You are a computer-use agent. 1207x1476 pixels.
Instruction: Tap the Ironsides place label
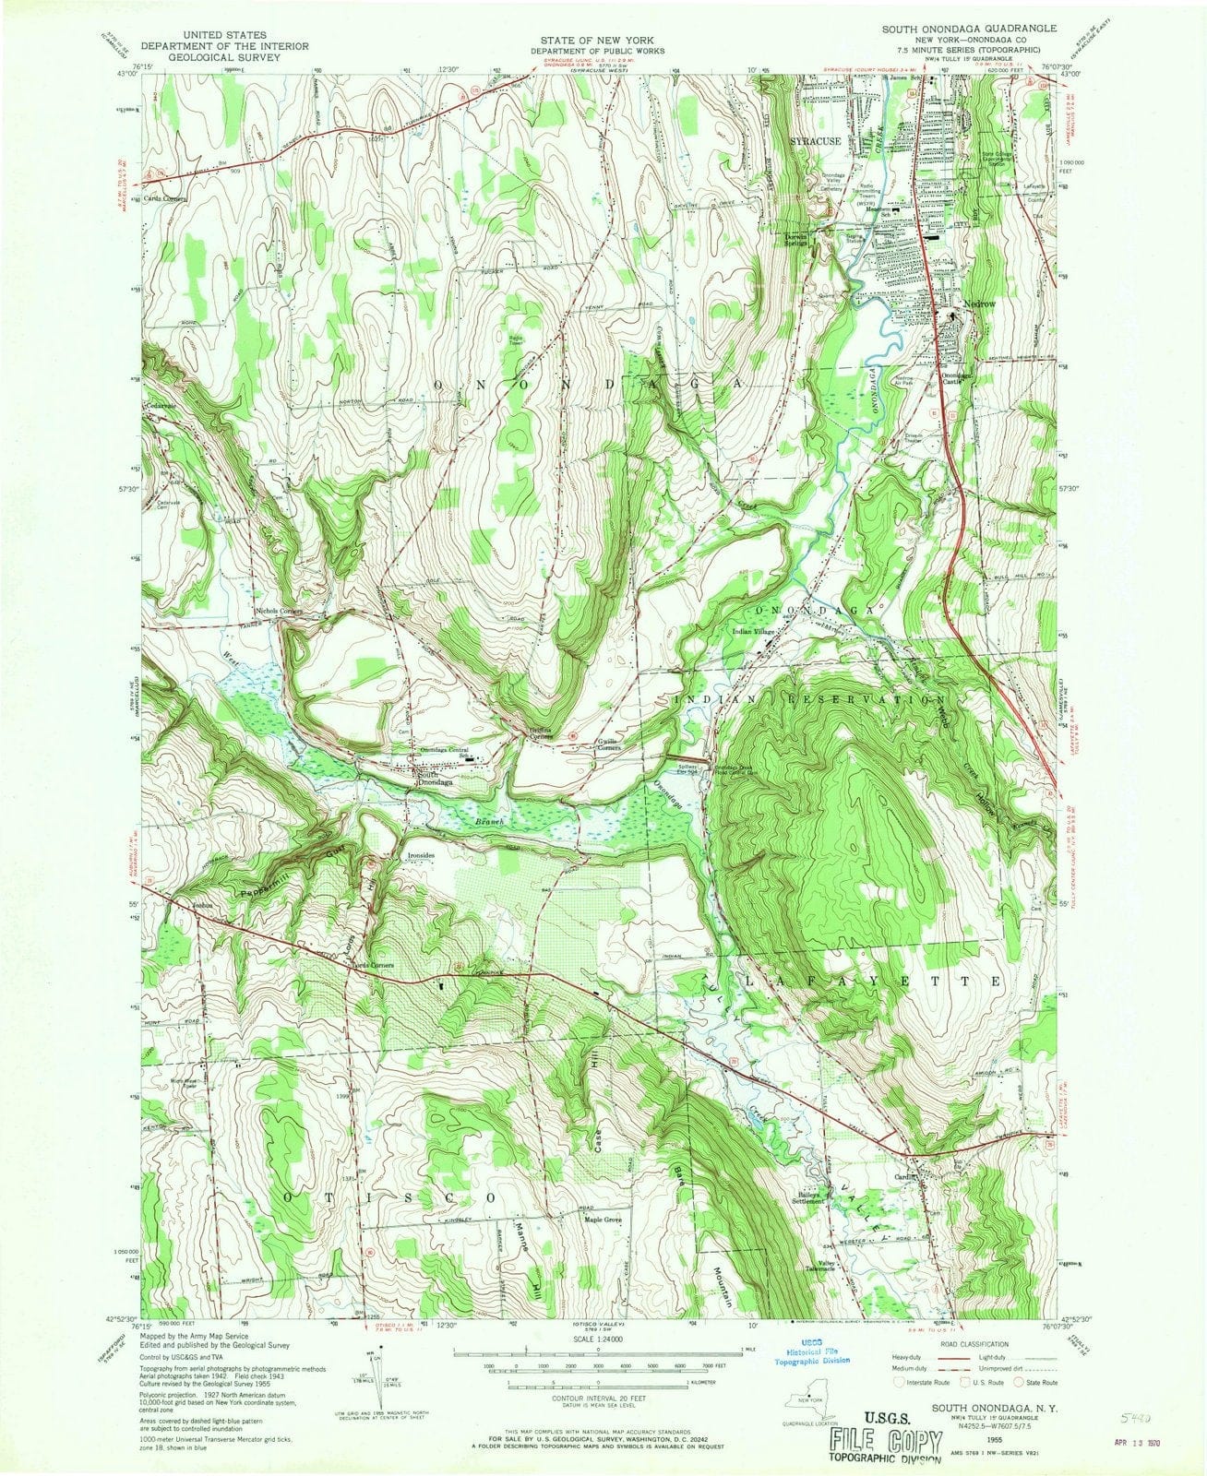click(x=421, y=855)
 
